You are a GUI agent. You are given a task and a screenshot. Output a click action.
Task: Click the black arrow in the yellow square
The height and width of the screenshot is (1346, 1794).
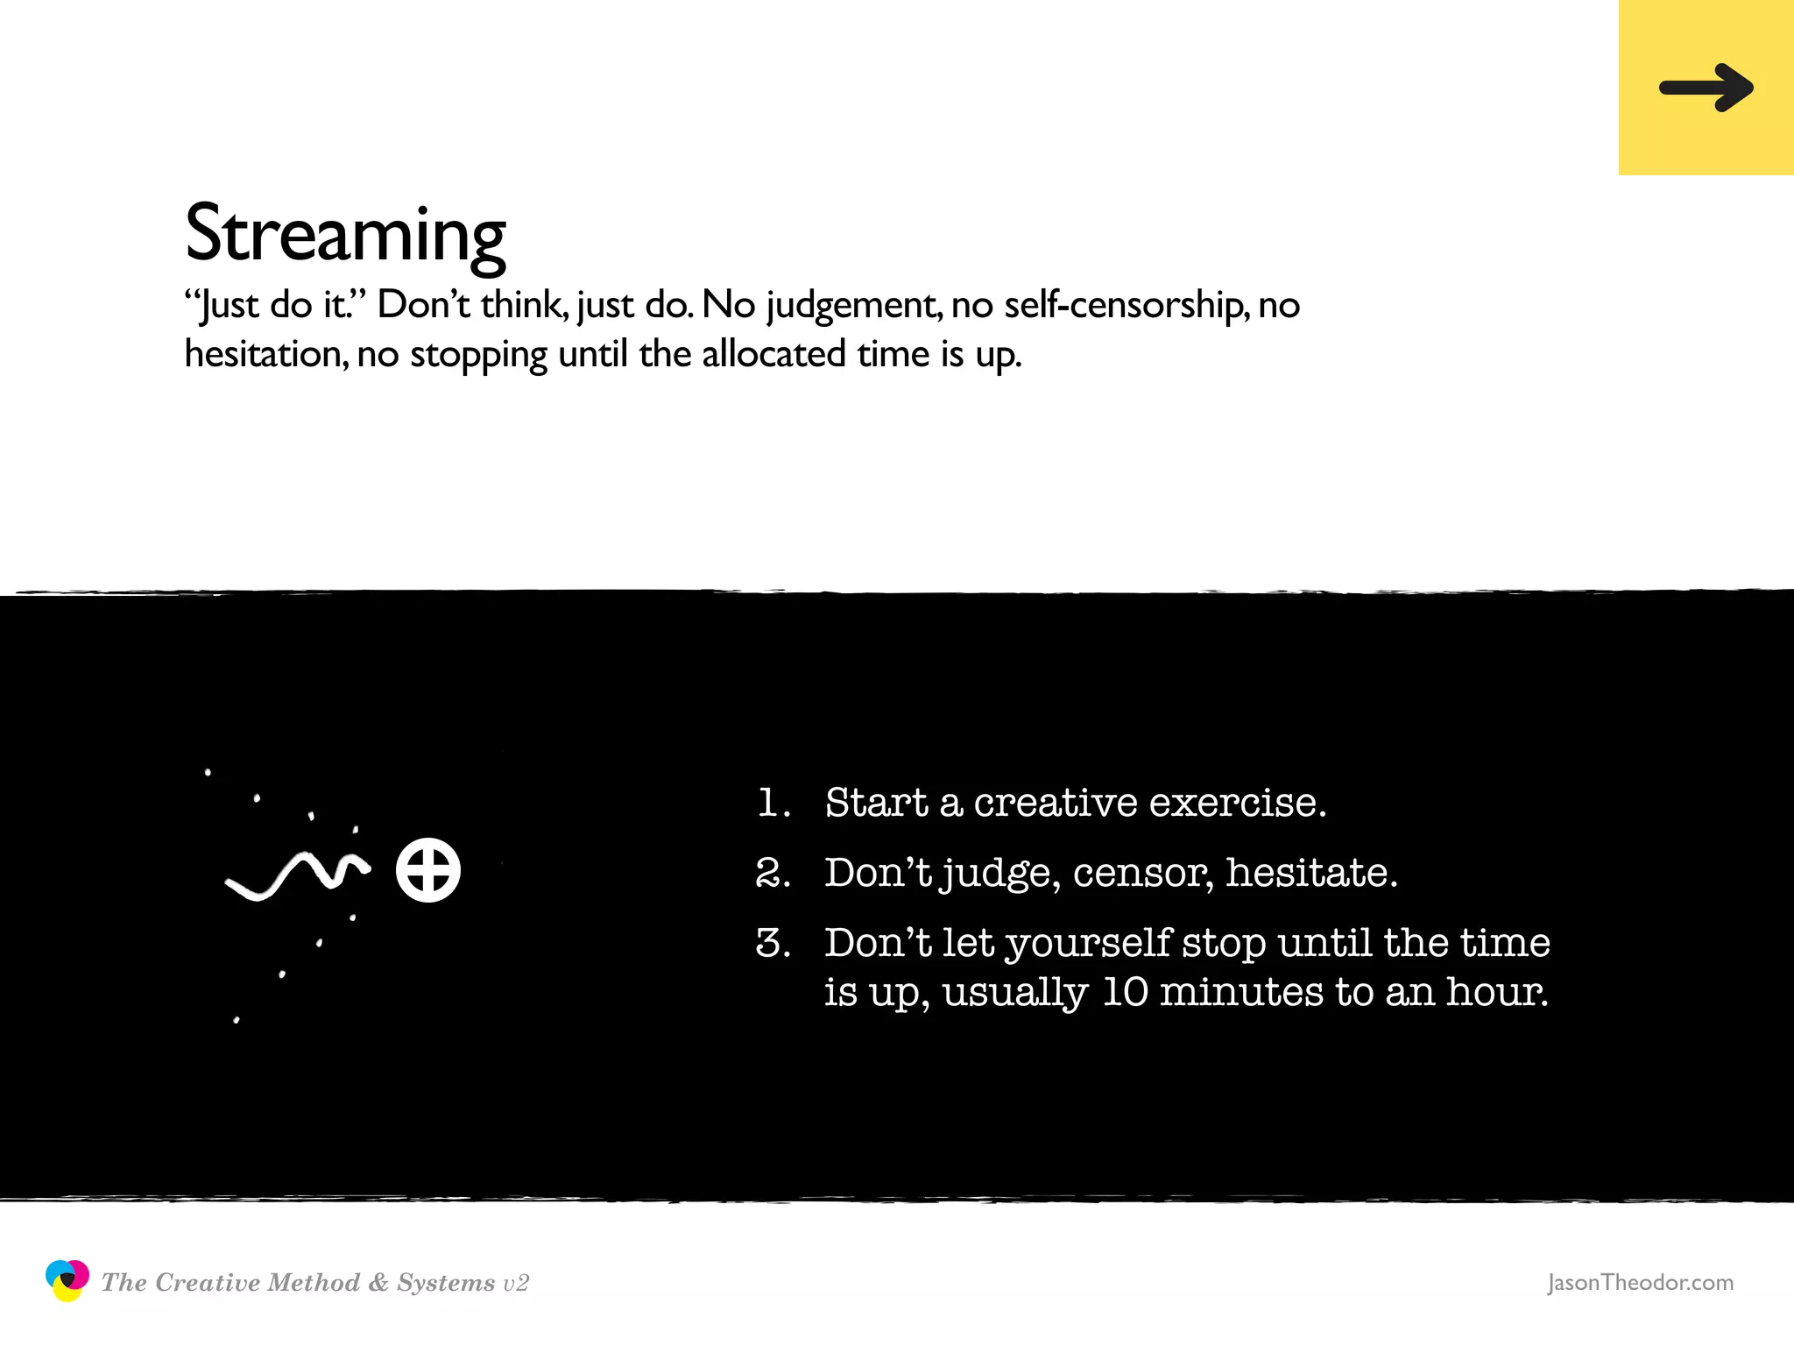(x=1706, y=88)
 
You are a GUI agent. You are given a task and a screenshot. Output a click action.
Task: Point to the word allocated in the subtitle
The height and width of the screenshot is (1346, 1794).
(x=773, y=354)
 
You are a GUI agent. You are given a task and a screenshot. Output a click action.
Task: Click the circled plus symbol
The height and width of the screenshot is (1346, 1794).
(x=427, y=870)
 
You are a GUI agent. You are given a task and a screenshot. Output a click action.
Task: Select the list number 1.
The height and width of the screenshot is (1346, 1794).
(x=771, y=803)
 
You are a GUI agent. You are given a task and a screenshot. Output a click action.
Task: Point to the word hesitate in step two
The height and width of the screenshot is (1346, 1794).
(x=1310, y=873)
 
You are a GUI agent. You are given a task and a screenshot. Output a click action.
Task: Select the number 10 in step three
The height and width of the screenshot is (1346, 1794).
(x=1125, y=992)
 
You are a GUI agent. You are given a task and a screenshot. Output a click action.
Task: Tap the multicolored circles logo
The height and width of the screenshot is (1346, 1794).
(x=67, y=1280)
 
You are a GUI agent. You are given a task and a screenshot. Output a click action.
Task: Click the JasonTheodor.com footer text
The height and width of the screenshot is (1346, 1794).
(x=1640, y=1282)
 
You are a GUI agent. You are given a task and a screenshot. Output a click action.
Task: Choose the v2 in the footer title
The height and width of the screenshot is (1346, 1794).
(x=516, y=1284)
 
